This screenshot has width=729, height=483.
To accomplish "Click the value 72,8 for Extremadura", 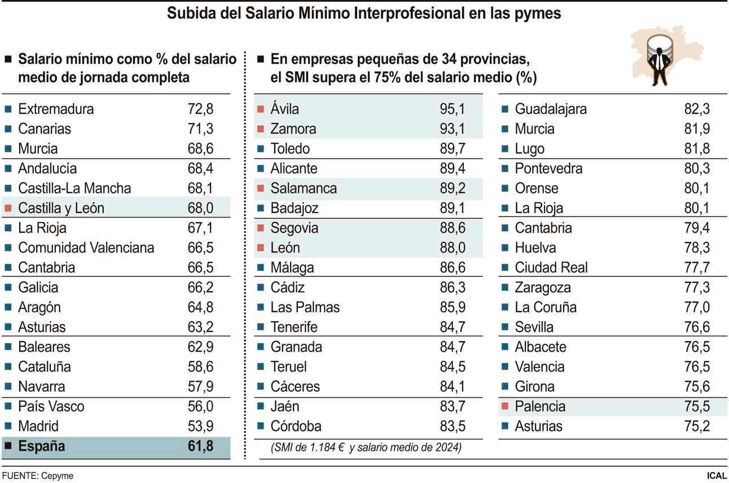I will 200,109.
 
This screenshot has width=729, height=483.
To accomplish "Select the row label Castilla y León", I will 61,208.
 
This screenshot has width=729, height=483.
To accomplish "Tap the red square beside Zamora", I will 260,129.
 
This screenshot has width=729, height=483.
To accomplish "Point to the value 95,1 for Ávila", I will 453,109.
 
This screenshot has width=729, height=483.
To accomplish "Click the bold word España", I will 41,446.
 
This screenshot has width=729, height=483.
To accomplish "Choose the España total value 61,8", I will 200,446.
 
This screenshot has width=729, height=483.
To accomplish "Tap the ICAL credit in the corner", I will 717,476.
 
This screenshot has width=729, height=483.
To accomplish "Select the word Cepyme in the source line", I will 57,476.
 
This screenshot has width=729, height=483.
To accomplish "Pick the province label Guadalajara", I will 550,109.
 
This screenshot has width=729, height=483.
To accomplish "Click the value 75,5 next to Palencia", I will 697,406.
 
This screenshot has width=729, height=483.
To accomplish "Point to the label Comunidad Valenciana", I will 86,247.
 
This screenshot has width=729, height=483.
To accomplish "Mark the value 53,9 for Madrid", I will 200,426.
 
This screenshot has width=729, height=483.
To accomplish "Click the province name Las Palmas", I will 305,307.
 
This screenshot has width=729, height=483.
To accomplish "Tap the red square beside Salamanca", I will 260,188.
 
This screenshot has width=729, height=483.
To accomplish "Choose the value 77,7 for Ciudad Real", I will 697,267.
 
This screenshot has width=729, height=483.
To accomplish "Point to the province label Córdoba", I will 296,426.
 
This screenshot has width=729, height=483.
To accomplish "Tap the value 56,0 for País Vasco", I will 200,406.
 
